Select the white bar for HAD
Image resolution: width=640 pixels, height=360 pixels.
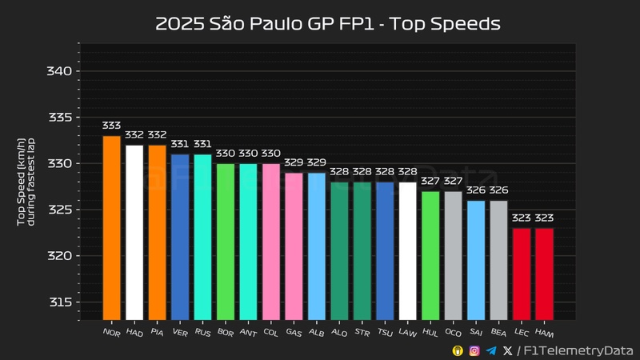[134, 232]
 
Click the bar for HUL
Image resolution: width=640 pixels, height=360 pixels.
[430, 255]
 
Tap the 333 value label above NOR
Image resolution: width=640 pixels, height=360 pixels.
[111, 126]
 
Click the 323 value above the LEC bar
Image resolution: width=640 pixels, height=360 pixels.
[522, 218]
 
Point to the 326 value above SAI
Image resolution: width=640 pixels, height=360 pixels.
[476, 191]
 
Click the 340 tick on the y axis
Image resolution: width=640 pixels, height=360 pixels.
[62, 71]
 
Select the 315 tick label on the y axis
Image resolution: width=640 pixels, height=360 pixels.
[62, 302]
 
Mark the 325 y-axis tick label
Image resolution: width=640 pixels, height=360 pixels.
[62, 210]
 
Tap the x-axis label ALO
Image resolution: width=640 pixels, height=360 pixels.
[339, 332]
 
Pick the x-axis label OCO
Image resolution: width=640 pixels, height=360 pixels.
[453, 332]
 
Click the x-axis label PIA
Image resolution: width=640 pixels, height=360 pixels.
[157, 332]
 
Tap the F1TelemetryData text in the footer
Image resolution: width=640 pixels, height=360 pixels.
[578, 350]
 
